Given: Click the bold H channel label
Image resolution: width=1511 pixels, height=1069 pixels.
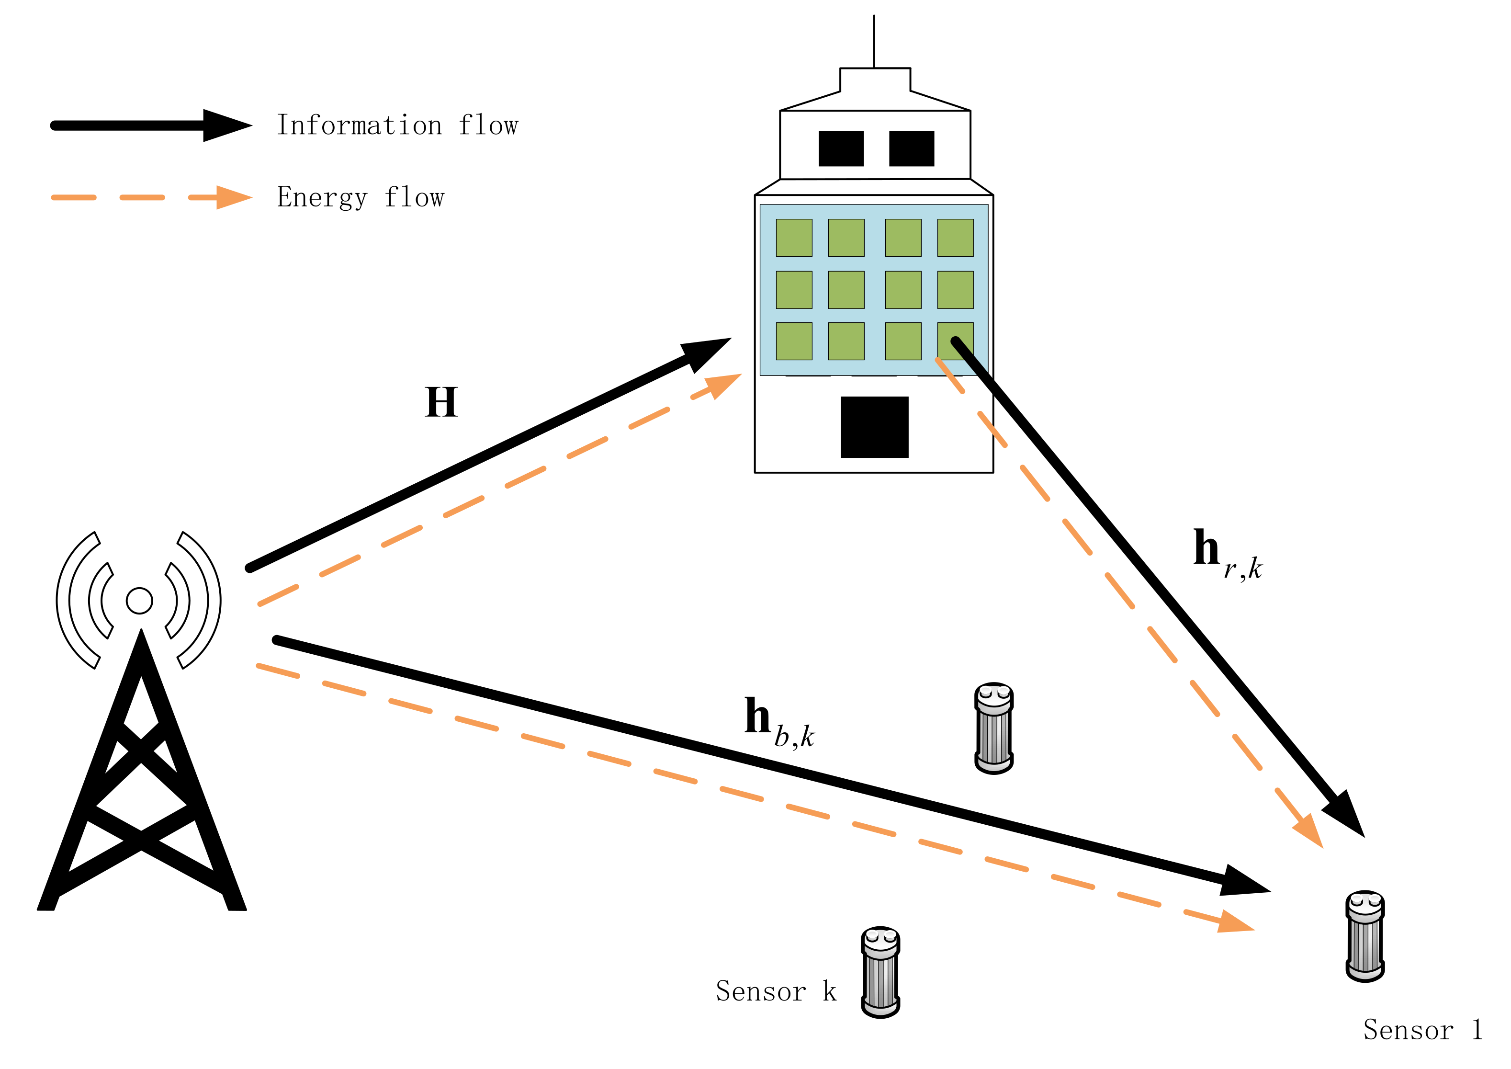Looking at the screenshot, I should pyautogui.click(x=441, y=402).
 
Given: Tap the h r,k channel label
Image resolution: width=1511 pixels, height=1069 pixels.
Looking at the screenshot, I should pyautogui.click(x=1225, y=554).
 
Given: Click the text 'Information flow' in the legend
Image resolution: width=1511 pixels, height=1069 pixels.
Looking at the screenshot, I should pyautogui.click(x=397, y=125).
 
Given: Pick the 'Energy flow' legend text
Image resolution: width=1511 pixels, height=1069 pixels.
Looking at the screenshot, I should pyautogui.click(x=361, y=197).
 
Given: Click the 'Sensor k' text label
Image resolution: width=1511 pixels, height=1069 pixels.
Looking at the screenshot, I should pyautogui.click(x=775, y=991).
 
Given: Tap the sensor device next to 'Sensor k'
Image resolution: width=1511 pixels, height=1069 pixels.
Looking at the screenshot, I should pyautogui.click(x=880, y=972).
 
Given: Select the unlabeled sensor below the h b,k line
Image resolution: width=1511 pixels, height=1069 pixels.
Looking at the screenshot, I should pyautogui.click(x=994, y=728).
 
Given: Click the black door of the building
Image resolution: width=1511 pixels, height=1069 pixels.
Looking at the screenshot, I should pyautogui.click(x=874, y=427).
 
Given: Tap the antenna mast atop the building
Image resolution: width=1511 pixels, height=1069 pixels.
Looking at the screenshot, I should pyautogui.click(x=874, y=41).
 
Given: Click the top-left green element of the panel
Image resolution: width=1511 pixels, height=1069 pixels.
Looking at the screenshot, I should pyautogui.click(x=794, y=238).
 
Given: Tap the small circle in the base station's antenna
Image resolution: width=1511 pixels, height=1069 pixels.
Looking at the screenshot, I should pyautogui.click(x=139, y=600).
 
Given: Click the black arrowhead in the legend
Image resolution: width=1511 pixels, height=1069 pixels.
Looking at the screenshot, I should pyautogui.click(x=225, y=125).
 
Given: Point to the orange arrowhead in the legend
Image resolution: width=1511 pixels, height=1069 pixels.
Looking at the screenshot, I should pyautogui.click(x=233, y=197).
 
